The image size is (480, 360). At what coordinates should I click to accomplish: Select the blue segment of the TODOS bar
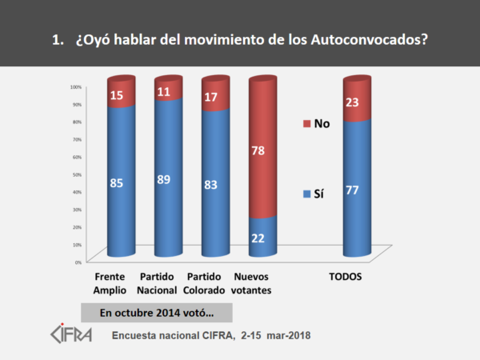coord(355,192)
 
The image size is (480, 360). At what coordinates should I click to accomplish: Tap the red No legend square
coord(306,124)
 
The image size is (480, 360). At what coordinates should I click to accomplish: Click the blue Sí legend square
coord(306,194)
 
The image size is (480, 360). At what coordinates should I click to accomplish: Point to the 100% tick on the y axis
coord(76,86)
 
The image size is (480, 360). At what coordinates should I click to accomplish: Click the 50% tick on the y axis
coord(77,174)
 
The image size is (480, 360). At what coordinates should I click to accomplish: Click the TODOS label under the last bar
coord(346,278)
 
